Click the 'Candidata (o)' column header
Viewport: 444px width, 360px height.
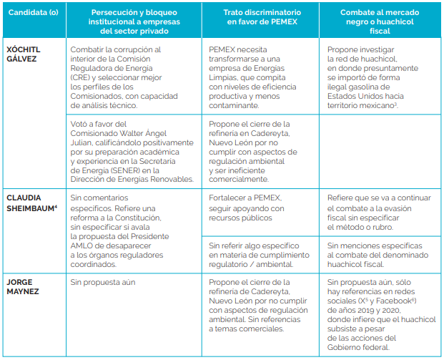tap(34, 12)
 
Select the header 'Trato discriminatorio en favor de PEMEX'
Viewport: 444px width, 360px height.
tap(262, 17)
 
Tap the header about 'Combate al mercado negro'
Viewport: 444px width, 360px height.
tap(380, 21)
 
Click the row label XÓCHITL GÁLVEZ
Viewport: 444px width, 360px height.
tap(24, 54)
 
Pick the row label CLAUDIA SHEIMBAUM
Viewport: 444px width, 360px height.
tap(31, 203)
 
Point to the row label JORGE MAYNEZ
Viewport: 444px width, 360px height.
tap(23, 286)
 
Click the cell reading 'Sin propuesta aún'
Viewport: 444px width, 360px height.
tap(103, 282)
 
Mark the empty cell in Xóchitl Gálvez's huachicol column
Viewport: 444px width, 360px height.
tap(380, 151)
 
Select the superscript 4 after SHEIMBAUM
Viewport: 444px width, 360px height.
tap(56, 206)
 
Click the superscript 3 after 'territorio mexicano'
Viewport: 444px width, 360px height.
tap(395, 104)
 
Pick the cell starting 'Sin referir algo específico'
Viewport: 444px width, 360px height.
tap(259, 255)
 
